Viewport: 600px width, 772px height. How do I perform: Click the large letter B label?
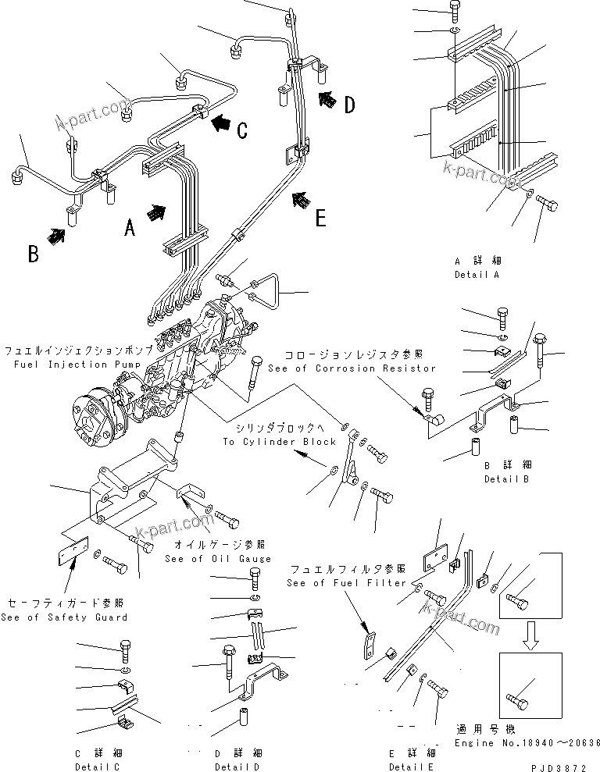[34, 254]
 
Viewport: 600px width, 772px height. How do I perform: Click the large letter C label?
[243, 130]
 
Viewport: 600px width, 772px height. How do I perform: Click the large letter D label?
[350, 104]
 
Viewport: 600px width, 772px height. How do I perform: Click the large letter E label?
[320, 218]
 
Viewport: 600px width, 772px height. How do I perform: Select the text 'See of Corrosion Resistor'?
[352, 368]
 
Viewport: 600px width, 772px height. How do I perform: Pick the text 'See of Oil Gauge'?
[218, 558]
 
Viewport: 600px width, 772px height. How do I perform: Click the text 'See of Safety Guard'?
[65, 617]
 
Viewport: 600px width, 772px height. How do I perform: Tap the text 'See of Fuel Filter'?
[345, 583]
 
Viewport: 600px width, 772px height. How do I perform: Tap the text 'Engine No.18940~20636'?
[527, 743]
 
